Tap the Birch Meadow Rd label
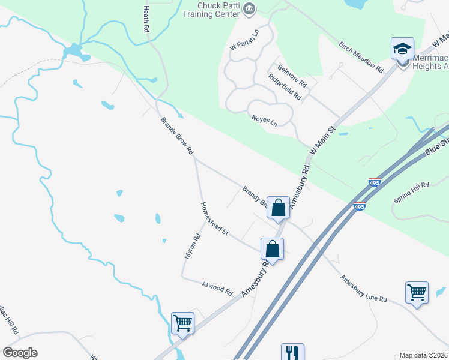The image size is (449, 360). click(x=361, y=57)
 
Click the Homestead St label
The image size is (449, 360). click(x=215, y=218)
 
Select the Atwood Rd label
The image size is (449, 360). click(x=217, y=288)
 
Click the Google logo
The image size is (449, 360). click(x=20, y=353)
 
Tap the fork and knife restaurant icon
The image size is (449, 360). click(x=292, y=352)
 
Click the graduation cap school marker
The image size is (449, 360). click(x=402, y=48)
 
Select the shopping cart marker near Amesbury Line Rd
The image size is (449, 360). click(x=417, y=293)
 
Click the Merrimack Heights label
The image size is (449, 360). click(x=430, y=62)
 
